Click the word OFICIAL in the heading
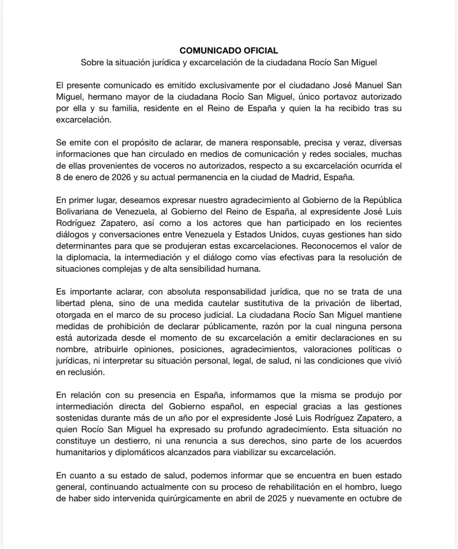click(256, 51)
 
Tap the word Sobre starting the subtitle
click(91, 62)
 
